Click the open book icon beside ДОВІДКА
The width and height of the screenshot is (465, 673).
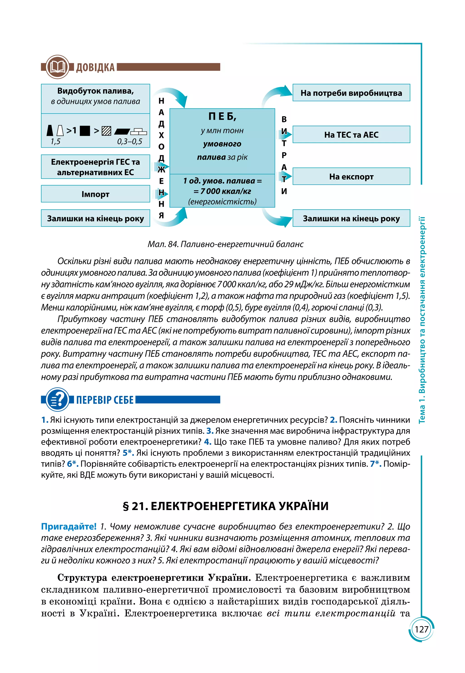coord(57,67)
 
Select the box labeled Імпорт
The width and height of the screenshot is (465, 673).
coord(95,194)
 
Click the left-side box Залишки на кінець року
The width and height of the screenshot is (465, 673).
coord(95,218)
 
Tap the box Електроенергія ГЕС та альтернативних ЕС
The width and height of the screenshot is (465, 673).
coord(95,167)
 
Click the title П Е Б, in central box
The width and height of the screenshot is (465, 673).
coord(222,116)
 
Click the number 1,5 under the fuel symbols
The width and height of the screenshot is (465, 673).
coord(55,142)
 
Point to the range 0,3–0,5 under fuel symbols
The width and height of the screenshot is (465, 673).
coord(130,142)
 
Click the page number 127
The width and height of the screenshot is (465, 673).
coord(421,629)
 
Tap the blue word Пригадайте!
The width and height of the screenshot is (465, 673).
coord(69,527)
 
